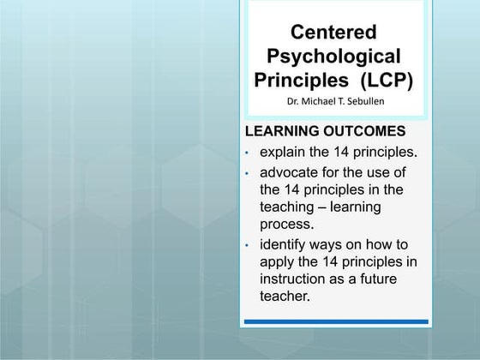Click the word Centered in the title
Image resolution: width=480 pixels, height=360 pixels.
tap(334, 33)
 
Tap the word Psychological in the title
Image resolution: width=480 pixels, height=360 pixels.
tap(334, 57)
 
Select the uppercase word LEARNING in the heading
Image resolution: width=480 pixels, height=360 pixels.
tap(281, 132)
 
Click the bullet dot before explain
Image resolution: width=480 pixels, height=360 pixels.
tap(247, 153)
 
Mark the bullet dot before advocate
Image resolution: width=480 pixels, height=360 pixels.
tap(247, 173)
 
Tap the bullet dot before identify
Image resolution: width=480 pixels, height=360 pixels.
tap(247, 245)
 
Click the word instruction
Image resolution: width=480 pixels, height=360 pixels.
tap(297, 279)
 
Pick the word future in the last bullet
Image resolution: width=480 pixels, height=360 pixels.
tap(386, 279)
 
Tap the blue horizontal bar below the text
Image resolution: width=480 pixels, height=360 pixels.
tap(335, 322)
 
